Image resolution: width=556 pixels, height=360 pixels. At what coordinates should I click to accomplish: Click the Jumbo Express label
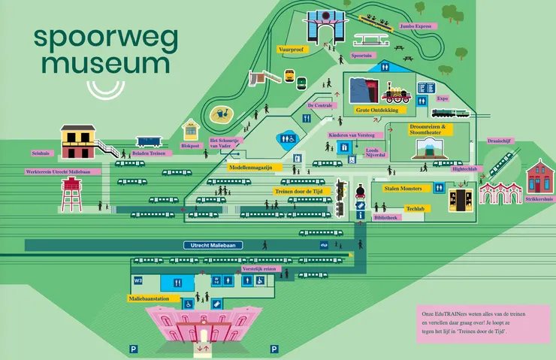pyautogui.click(x=416, y=26)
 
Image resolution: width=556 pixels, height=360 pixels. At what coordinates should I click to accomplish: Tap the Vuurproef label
pyautogui.click(x=292, y=50)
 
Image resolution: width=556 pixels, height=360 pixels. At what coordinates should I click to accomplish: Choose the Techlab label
pyautogui.click(x=415, y=208)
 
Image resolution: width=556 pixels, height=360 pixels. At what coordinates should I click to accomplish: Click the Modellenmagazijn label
pyautogui.click(x=251, y=168)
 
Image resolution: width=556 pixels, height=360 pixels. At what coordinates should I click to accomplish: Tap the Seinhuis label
pyautogui.click(x=41, y=153)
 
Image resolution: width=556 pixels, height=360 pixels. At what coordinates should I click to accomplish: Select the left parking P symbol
pyautogui.click(x=133, y=349)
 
